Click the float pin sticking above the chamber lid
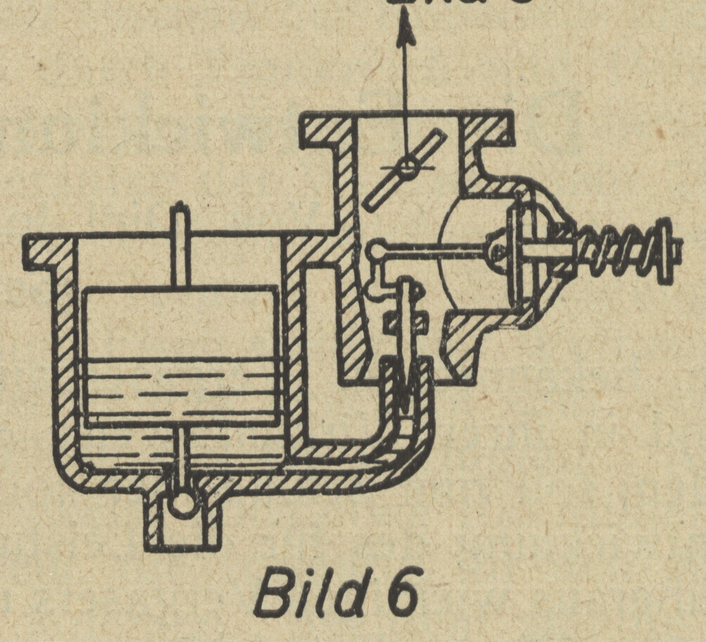[179, 218]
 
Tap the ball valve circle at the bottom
[183, 500]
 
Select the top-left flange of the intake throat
[323, 131]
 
